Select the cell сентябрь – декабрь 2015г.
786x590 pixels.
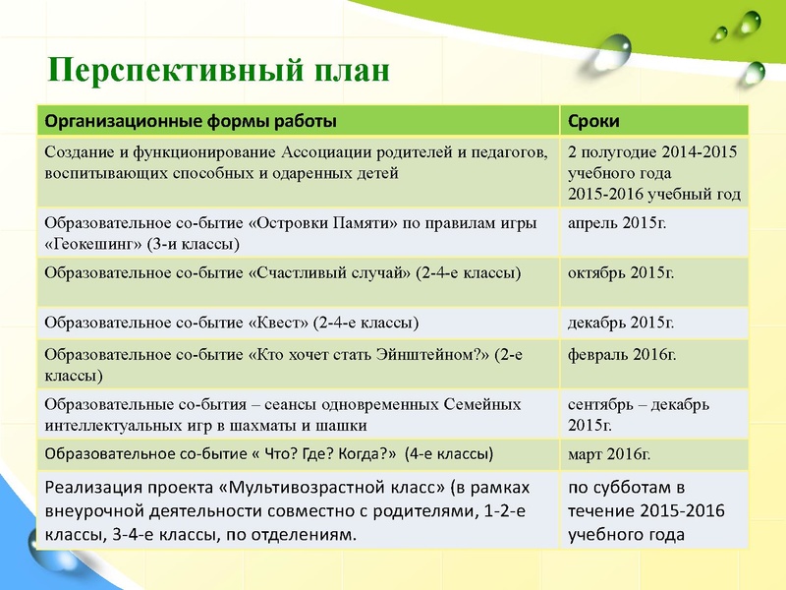click(x=639, y=414)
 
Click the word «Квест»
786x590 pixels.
click(x=278, y=322)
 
